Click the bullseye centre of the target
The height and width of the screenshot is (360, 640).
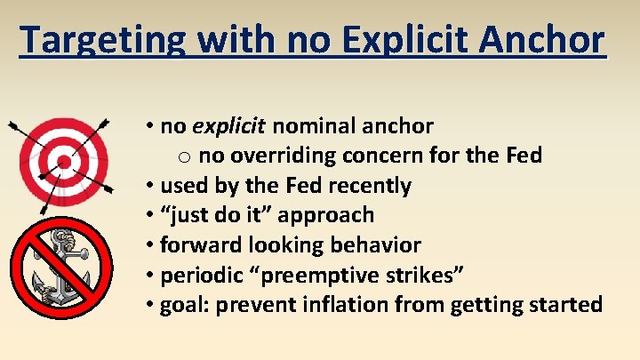(62, 162)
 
